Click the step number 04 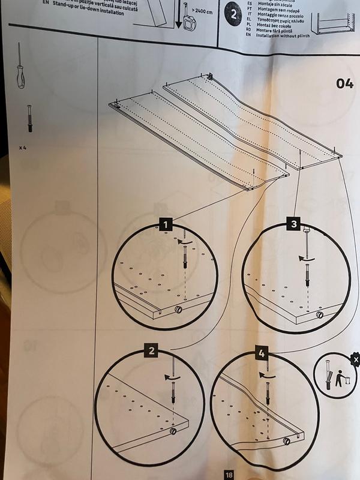point(344,83)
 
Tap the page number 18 point(229,475)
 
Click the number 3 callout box point(294,224)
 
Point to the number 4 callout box point(261,354)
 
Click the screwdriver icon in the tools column point(21,66)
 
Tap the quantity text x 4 point(22,146)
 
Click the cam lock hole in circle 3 point(319,314)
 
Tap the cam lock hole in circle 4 point(287,441)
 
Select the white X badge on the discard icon point(356,359)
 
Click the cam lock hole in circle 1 point(178,309)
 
